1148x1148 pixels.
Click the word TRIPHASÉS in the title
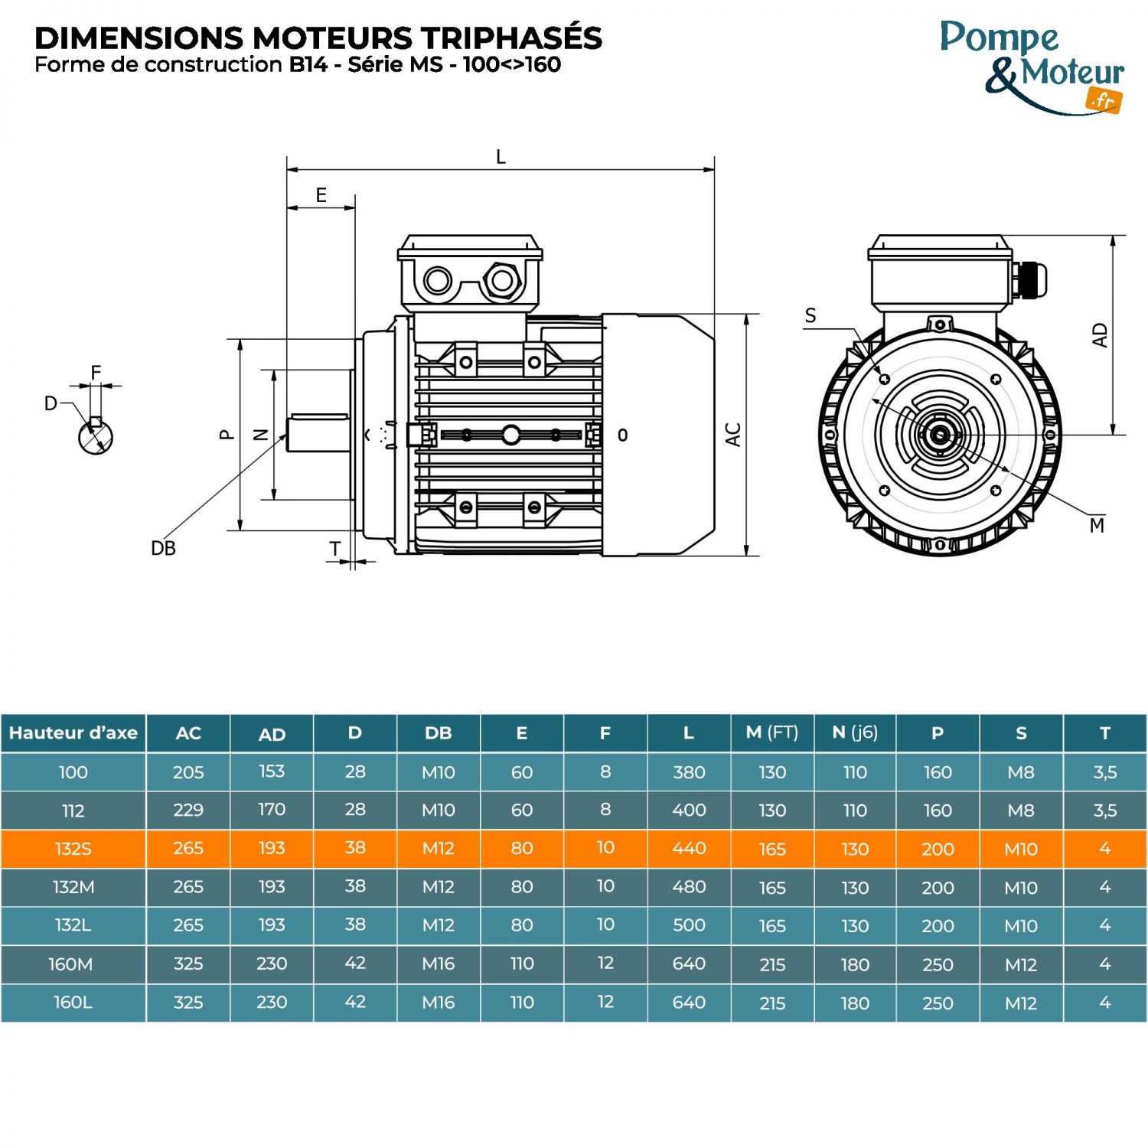(x=513, y=38)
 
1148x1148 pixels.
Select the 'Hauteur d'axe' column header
(x=73, y=733)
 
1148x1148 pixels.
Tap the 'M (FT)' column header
(x=771, y=733)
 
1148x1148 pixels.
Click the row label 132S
(x=73, y=849)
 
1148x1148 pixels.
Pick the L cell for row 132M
(x=689, y=887)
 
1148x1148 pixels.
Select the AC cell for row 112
(x=188, y=810)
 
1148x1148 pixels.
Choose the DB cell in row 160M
(x=439, y=964)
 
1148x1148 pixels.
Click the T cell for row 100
(x=1104, y=772)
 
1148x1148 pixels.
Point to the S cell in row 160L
(x=1021, y=1003)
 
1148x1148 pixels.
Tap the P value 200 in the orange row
(x=938, y=849)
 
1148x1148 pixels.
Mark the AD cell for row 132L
(x=272, y=925)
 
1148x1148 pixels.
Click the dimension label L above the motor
(x=501, y=158)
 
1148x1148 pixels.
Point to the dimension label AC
(x=733, y=435)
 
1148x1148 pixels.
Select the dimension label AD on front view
(x=1100, y=335)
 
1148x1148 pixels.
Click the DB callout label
(x=163, y=549)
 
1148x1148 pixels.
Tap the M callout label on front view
(x=1097, y=526)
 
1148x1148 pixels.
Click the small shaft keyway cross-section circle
(x=96, y=436)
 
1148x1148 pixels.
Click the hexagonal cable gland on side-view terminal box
(x=502, y=281)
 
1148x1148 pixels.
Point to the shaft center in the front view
(x=940, y=435)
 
